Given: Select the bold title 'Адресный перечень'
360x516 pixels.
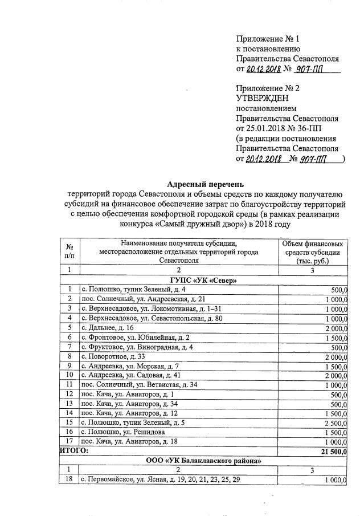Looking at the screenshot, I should coord(206,184).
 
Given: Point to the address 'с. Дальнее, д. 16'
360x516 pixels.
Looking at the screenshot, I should coord(108,327).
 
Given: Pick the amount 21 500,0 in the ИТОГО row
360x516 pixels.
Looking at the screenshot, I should coord(332,450).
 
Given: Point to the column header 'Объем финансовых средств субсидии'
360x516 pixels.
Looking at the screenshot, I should coord(313,251).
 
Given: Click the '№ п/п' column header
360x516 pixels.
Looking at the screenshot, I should coord(69,251).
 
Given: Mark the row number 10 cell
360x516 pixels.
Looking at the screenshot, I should coord(69,375).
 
